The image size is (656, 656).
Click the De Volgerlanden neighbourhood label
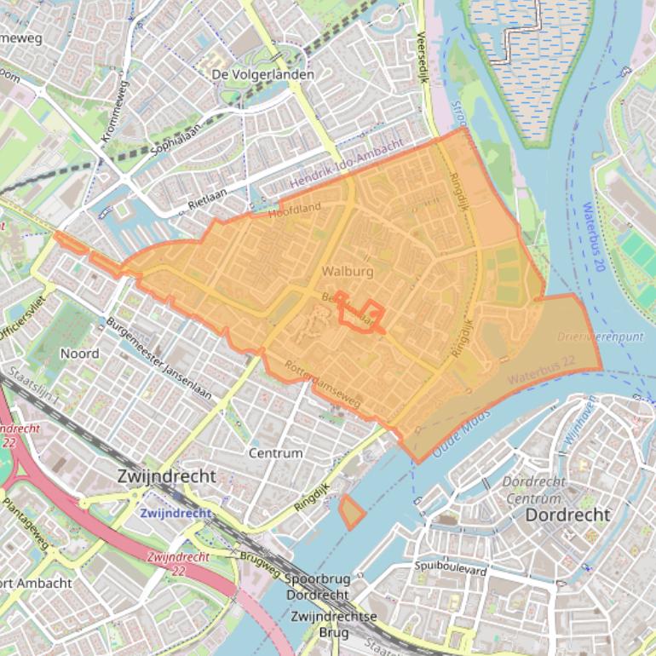tap(262, 74)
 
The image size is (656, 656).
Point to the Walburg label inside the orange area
tap(347, 272)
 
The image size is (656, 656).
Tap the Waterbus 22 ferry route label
tap(541, 371)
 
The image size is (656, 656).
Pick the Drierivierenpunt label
tap(600, 337)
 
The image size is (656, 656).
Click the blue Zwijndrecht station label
tap(174, 513)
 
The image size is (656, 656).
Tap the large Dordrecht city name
tap(567, 515)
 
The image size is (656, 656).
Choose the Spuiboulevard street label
tap(451, 567)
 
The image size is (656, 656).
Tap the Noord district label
tap(79, 353)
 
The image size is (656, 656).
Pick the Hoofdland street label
tap(295, 210)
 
